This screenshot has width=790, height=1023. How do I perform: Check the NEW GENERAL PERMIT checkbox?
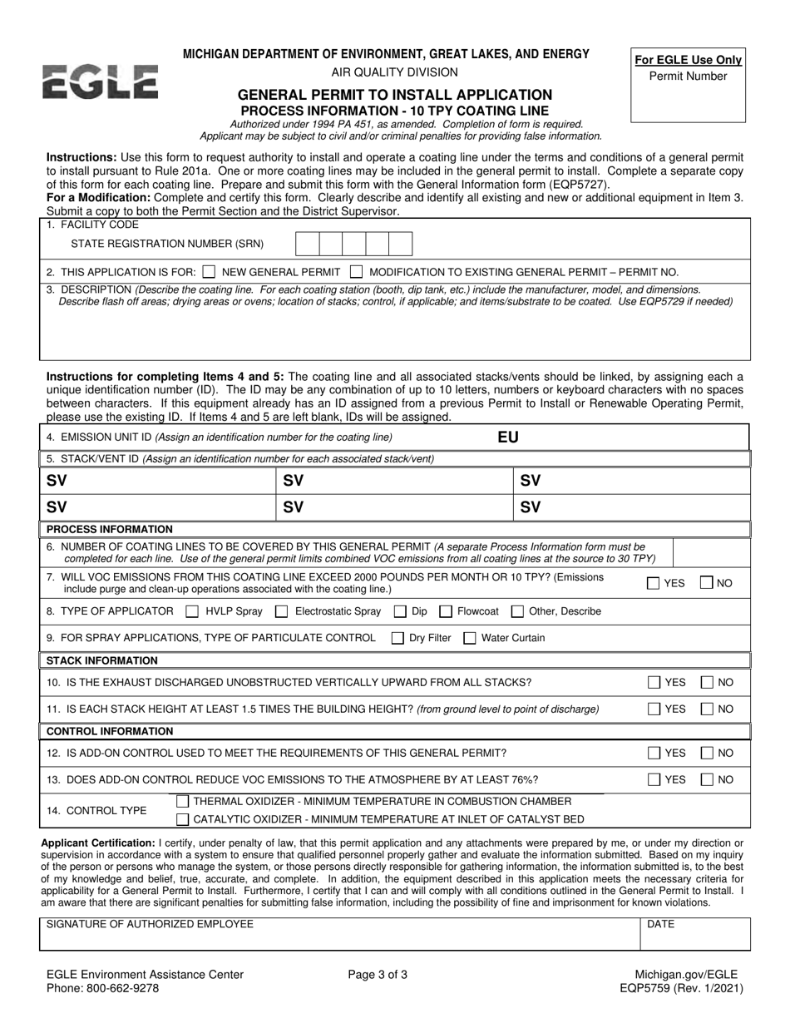[210, 271]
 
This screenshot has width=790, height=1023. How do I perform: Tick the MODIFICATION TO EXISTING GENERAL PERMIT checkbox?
[356, 271]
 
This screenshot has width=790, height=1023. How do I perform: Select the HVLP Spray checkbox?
[192, 611]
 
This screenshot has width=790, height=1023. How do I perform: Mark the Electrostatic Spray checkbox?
[282, 611]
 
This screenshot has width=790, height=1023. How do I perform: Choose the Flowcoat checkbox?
[445, 611]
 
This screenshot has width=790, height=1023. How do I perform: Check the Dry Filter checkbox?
[397, 638]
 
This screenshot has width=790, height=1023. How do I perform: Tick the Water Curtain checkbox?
[470, 638]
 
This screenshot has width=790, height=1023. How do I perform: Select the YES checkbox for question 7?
[654, 583]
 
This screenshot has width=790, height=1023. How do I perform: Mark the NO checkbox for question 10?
[706, 683]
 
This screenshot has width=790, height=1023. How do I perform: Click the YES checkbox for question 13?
[654, 780]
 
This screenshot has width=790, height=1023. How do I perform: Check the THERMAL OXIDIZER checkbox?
[182, 801]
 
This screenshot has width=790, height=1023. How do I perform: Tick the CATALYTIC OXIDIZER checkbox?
[182, 820]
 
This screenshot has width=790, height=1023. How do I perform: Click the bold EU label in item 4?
[507, 437]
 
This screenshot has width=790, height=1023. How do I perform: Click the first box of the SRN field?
[307, 244]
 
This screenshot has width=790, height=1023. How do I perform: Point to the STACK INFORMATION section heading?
[102, 660]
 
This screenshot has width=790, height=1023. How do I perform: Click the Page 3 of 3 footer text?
[378, 975]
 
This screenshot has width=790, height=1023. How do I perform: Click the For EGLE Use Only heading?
[688, 60]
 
